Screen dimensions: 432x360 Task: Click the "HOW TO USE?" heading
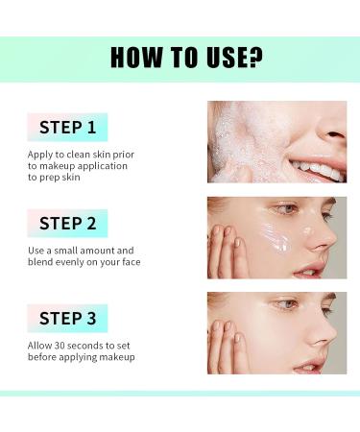tap(186, 57)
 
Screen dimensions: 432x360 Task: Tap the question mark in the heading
tap(254, 57)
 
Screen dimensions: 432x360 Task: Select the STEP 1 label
tap(67, 127)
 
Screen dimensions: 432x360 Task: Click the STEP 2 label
tap(67, 223)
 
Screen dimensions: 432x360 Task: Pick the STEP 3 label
tap(67, 318)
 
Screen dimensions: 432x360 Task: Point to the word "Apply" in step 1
tap(41, 152)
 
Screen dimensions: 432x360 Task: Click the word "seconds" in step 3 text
tap(106, 344)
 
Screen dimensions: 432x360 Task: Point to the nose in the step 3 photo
tap(322, 331)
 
